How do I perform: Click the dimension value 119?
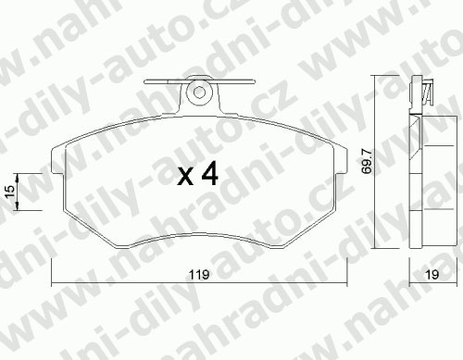click(199, 274)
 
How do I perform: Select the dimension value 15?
click(10, 192)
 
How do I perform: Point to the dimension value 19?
click(432, 274)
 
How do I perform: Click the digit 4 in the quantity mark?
click(210, 174)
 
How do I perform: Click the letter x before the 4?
click(185, 178)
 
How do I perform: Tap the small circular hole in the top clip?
click(199, 92)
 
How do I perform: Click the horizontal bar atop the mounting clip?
click(200, 81)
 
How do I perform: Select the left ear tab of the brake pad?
click(58, 160)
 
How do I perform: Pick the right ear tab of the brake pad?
click(340, 160)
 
